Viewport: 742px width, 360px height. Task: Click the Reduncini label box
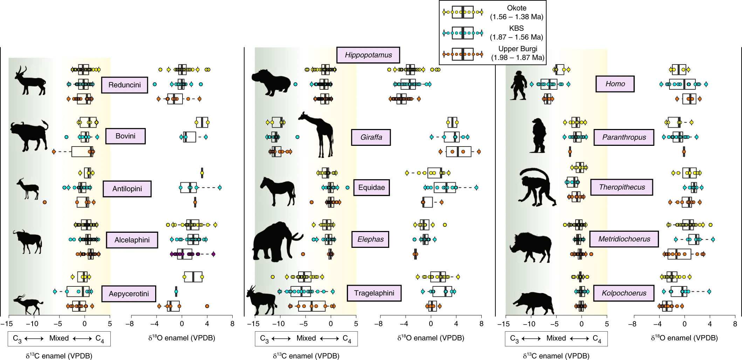[x=124, y=85]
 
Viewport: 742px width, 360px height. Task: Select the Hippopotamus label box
[x=368, y=55]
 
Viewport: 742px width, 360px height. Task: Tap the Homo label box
[x=615, y=84]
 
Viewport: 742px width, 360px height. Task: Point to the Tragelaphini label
[x=374, y=293]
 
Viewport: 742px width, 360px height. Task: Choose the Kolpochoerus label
[x=624, y=293]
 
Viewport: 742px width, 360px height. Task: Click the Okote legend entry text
[x=516, y=12]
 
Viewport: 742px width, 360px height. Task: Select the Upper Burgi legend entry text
[x=517, y=53]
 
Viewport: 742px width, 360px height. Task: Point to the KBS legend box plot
[x=462, y=33]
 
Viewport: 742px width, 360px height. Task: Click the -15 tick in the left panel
[x=8, y=324]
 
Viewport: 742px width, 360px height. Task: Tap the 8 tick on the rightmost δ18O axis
[x=735, y=324]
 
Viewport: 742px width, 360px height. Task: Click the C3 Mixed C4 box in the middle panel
[x=306, y=338]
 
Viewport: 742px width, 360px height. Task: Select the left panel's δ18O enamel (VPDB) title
[x=181, y=338]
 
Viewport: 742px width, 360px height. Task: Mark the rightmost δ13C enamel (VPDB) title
[x=556, y=356]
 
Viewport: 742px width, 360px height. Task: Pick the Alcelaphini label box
[x=132, y=240]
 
